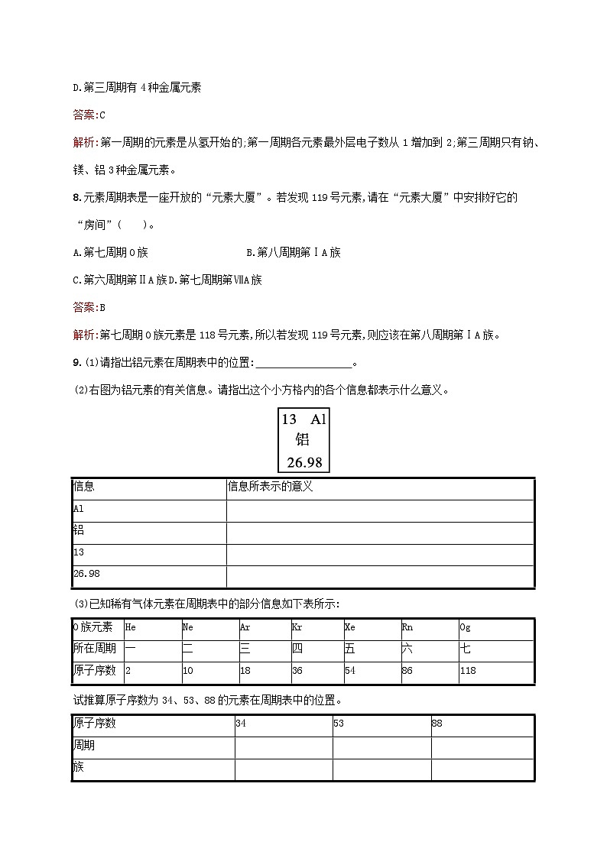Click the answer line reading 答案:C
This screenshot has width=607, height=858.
coord(88,115)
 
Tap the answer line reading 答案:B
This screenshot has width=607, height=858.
coord(88,307)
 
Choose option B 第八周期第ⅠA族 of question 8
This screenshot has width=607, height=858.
coord(294,252)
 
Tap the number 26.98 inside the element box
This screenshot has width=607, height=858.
coord(303,461)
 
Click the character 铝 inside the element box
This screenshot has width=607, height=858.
coord(303,440)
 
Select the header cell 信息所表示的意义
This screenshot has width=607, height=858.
coord(271,487)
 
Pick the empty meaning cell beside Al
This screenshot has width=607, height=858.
coord(379,510)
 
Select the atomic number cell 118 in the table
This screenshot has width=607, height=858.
coord(468,671)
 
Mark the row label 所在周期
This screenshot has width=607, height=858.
coord(94,649)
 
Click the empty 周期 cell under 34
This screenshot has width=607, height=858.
coord(283,746)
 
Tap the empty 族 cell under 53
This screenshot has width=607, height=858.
coord(381,769)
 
